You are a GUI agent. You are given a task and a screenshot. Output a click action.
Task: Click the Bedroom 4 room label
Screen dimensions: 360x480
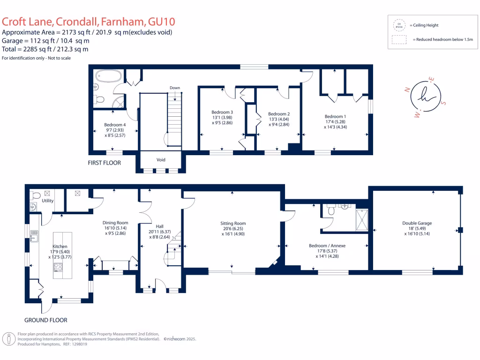pyautogui.click(x=114, y=125)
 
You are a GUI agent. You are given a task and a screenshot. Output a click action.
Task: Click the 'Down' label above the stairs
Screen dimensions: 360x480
pyautogui.click(x=174, y=88)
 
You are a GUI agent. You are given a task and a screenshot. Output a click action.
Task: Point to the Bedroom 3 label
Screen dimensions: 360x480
pyautogui.click(x=222, y=112)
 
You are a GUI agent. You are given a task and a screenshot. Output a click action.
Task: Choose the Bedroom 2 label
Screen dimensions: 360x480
pyautogui.click(x=279, y=114)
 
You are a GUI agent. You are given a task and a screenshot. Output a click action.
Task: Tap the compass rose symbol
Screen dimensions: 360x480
pyautogui.click(x=426, y=97)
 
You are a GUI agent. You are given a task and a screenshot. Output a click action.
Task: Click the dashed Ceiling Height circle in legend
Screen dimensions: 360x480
pyautogui.click(x=400, y=25)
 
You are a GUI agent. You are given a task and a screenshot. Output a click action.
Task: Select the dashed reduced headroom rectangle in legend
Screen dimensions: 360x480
pyautogui.click(x=400, y=40)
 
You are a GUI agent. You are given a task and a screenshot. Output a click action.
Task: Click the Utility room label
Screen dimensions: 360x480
pyautogui.click(x=48, y=201)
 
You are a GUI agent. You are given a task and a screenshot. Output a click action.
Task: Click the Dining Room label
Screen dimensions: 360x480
pyautogui.click(x=115, y=223)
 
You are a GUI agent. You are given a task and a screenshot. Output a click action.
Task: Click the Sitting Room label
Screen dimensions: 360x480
pyautogui.click(x=233, y=224)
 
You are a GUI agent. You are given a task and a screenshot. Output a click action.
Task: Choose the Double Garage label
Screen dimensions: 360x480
pyautogui.click(x=417, y=224)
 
